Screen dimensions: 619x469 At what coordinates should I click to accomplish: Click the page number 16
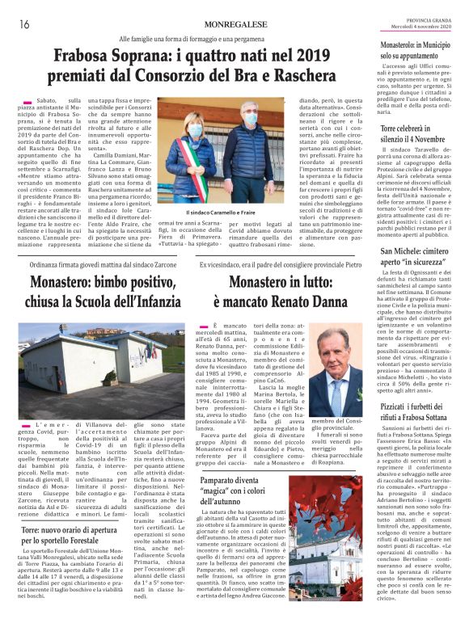23,23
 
